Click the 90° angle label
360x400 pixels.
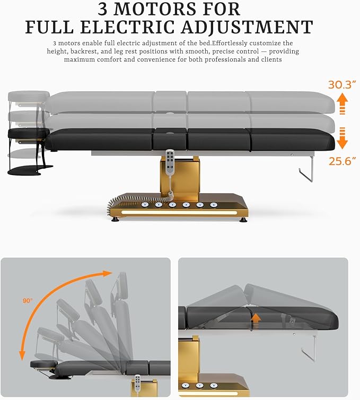28,300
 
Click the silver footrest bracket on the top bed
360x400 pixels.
306,169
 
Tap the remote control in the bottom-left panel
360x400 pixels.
137,384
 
